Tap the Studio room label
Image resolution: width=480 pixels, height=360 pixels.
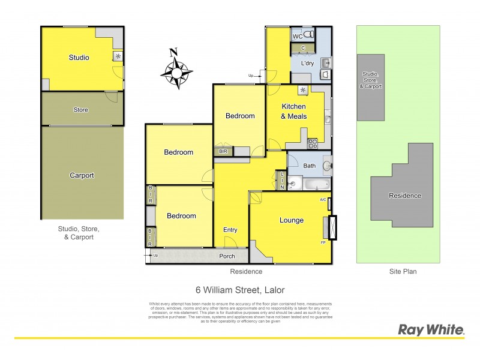click(x=79, y=58)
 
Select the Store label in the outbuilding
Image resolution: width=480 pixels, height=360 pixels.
click(x=80, y=110)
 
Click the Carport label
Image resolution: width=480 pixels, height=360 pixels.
click(x=82, y=175)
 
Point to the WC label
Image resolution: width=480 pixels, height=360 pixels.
click(x=298, y=37)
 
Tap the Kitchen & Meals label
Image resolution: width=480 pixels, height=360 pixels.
click(x=294, y=111)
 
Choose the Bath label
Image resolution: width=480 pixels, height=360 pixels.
click(x=310, y=166)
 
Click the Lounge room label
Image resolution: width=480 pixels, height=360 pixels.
click(x=292, y=220)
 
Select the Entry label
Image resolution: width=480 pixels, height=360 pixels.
click(x=230, y=230)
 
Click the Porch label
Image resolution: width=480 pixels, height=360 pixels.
click(x=227, y=256)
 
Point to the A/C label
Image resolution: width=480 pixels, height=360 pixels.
click(x=323, y=200)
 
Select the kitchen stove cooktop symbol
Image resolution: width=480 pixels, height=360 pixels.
click(x=313, y=143)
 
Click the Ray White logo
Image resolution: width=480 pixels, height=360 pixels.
click(x=431, y=329)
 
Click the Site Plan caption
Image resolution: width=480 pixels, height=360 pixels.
click(x=402, y=271)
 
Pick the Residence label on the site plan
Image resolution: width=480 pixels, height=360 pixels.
click(x=405, y=196)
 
